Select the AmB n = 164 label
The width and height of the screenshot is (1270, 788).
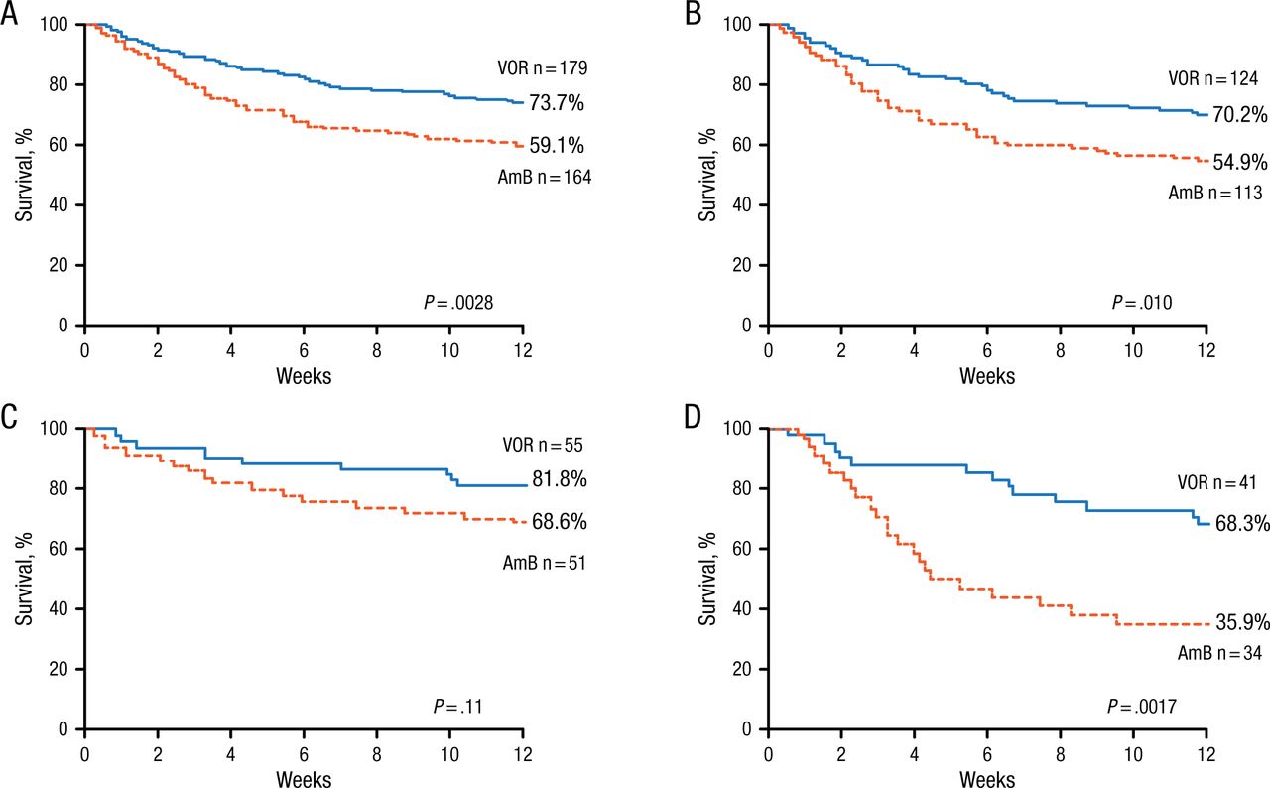click(x=544, y=178)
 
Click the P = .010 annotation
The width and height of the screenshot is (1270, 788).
click(x=1141, y=302)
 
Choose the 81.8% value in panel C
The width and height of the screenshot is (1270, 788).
click(x=561, y=480)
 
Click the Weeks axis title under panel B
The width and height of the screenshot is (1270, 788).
click(x=987, y=376)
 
